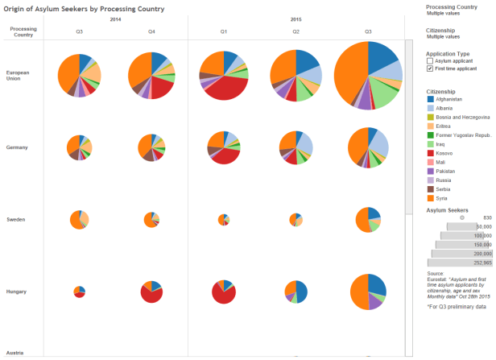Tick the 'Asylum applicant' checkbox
(x=429, y=61)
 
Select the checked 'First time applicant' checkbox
(x=429, y=69)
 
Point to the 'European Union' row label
(x=17, y=75)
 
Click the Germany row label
(x=17, y=147)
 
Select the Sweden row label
(x=15, y=219)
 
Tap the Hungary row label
(x=16, y=291)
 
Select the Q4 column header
(x=151, y=31)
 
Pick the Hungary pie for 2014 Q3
(x=79, y=292)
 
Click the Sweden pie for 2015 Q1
(x=224, y=219)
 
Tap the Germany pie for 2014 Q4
(x=151, y=147)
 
